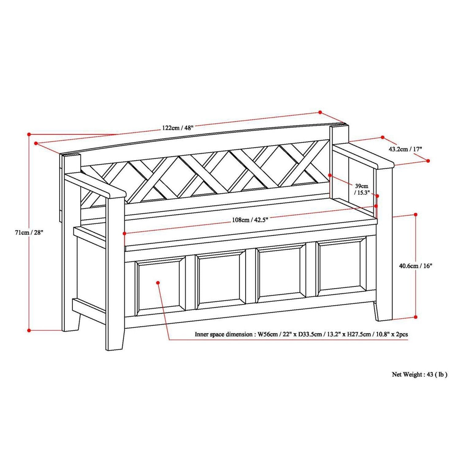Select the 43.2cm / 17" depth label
point(405,149)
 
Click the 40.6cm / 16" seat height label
point(415,266)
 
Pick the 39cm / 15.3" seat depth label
point(362,189)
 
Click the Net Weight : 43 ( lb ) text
point(420,374)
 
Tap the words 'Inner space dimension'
point(223,335)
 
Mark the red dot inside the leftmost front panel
point(158,282)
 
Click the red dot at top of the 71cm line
point(29,134)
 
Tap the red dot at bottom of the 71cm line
point(29,330)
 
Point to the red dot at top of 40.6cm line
point(416,214)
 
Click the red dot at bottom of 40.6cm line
point(416,317)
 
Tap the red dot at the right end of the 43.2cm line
point(428,161)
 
